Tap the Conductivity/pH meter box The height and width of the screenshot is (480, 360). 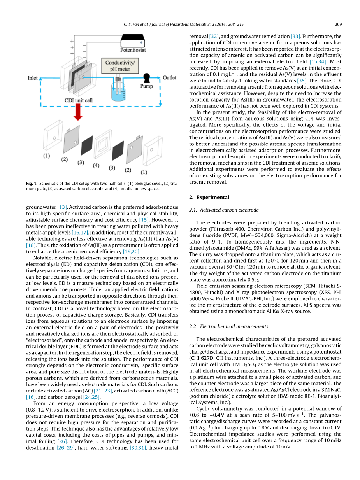pos(121,66)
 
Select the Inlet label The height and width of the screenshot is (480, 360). pos(33,78)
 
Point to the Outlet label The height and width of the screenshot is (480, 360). pos(169,78)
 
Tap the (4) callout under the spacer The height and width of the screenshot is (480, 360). pos(96,166)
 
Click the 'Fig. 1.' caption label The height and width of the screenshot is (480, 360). pos(32,184)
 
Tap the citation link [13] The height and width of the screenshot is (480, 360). pos(63,207)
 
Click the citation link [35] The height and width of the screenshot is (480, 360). pos(302,80)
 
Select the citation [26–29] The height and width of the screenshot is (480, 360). pos(67,448)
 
